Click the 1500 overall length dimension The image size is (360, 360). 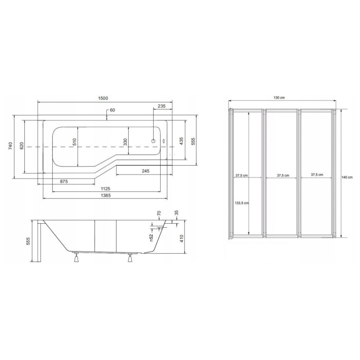pyautogui.click(x=103, y=98)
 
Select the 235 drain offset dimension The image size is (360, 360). pyautogui.click(x=162, y=106)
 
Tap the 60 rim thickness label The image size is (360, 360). pyautogui.click(x=112, y=110)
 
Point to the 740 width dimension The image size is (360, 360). pyautogui.click(x=10, y=146)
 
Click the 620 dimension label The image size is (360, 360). pyautogui.click(x=21, y=146)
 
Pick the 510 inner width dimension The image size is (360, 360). pyautogui.click(x=75, y=142)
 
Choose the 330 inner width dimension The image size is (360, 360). pyautogui.click(x=125, y=142)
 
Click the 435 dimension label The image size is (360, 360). pyautogui.click(x=181, y=141)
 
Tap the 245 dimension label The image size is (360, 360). pyautogui.click(x=146, y=171)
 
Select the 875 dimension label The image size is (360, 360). pyautogui.click(x=64, y=181)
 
